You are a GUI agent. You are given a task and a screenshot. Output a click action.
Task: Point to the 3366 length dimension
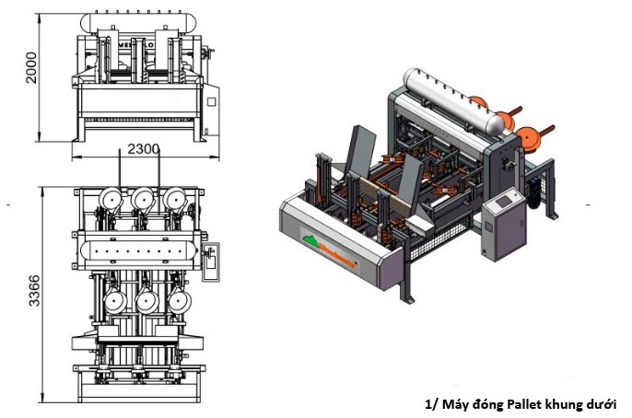[x=30, y=293]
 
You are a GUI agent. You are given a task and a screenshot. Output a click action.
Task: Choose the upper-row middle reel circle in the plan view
[x=143, y=199]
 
